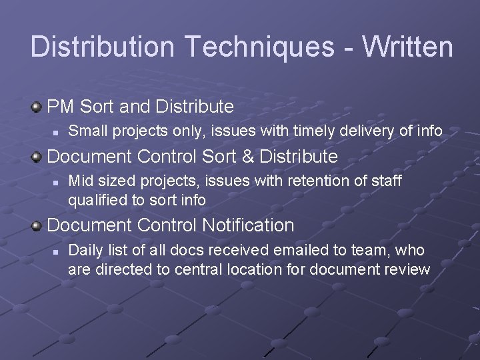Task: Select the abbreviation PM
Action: click(x=60, y=106)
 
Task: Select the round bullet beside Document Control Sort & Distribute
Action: click(x=36, y=157)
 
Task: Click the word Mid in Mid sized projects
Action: click(x=81, y=181)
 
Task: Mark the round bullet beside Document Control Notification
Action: click(x=36, y=225)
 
